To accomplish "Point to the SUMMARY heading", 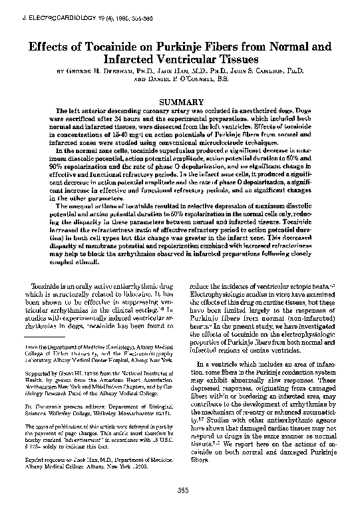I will click(x=181, y=101).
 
